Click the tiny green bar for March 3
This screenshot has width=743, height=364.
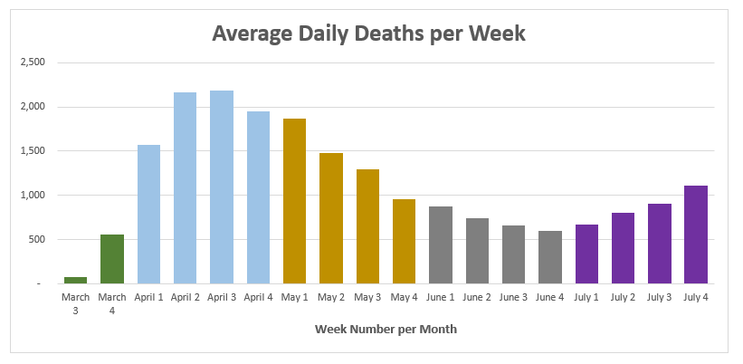[x=75, y=280]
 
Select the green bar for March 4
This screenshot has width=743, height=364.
[x=112, y=259]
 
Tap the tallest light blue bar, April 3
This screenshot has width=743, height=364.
[x=222, y=187]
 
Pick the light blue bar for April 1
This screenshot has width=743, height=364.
[x=148, y=215]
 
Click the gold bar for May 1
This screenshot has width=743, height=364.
[x=295, y=201]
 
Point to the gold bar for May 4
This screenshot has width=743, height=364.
[x=405, y=241]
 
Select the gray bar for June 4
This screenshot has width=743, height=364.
[x=550, y=257]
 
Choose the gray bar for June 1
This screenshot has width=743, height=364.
[x=441, y=245]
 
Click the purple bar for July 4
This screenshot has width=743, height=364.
[x=696, y=235]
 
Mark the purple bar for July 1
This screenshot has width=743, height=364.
[x=586, y=254]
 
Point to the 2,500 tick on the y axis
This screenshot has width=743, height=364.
[x=33, y=62]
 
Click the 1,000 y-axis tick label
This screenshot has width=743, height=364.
[x=33, y=196]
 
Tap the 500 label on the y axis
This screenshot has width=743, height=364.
[x=36, y=239]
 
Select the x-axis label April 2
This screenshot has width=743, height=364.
[x=186, y=298]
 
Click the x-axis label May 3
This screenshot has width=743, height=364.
[x=367, y=298]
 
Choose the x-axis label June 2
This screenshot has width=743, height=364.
[x=477, y=298]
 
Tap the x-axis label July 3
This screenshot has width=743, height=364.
[x=660, y=298]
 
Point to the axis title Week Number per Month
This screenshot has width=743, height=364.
[x=386, y=329]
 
